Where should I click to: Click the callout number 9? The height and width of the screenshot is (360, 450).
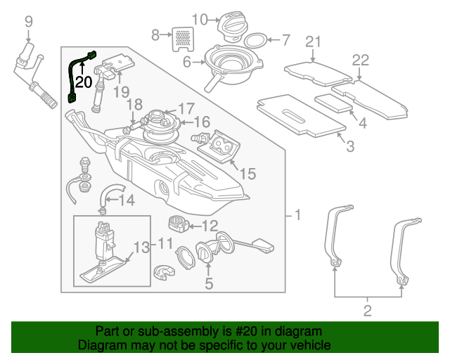pos(29,22)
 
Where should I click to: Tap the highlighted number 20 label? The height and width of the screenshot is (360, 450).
pos(84,82)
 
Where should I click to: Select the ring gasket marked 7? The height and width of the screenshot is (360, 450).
pos(256,41)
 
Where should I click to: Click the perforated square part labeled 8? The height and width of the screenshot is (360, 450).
pos(183,39)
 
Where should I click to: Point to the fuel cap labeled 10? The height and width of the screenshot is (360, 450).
pos(232,27)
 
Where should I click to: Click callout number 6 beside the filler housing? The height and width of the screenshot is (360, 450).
pos(187,62)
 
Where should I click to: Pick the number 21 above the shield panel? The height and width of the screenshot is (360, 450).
pos(313,42)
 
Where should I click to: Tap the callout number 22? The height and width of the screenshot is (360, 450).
pos(361,60)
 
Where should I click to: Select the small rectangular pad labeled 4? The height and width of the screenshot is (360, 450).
pos(333,103)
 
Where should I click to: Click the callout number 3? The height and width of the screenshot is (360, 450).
pos(350,146)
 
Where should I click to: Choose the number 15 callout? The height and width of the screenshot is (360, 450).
pos(247,174)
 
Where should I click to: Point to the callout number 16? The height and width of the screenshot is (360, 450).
pos(202,122)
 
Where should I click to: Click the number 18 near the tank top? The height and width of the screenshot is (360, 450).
pos(134,105)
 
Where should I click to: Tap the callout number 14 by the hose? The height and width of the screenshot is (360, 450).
pos(127,200)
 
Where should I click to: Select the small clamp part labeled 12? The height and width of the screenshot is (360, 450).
pos(179,224)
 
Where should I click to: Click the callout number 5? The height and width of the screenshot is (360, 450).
pos(209,283)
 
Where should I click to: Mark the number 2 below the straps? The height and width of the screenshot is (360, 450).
pos(368,311)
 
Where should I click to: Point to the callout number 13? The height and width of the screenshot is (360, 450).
pos(142,247)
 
